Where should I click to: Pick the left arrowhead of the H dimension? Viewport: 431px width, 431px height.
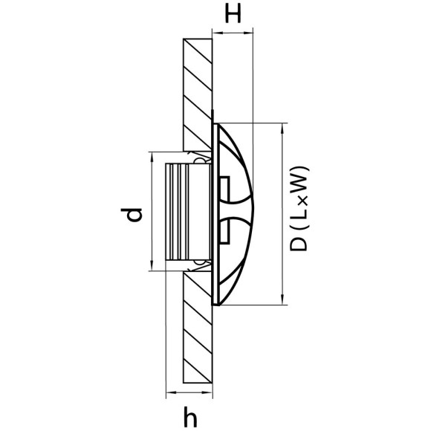point(215,31)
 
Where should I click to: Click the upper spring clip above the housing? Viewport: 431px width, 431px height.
point(199,158)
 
